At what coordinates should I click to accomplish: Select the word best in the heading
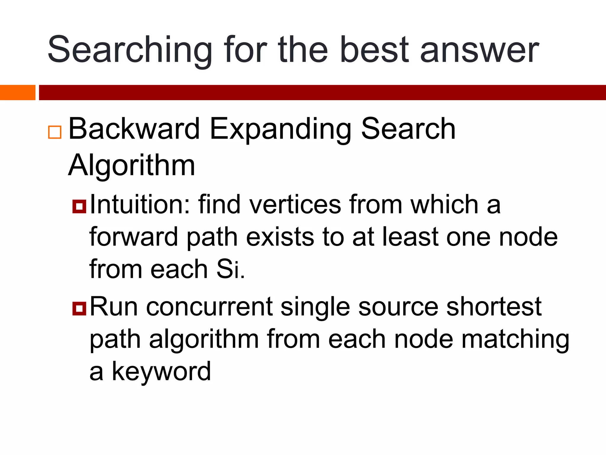tap(375, 49)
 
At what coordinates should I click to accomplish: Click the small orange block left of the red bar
tap(17, 92)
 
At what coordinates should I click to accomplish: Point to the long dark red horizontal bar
tap(322, 92)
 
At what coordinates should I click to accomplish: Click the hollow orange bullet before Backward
tap(55, 132)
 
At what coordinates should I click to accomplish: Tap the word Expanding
tap(280, 129)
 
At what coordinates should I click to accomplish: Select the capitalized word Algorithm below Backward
tap(132, 165)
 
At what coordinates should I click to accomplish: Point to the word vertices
tap(295, 204)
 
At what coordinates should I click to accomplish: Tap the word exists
tap(280, 237)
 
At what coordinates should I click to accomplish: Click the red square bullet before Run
tap(79, 308)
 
